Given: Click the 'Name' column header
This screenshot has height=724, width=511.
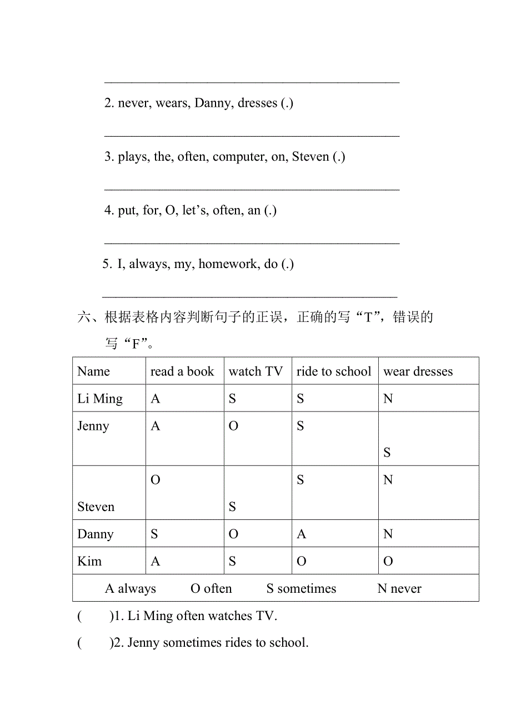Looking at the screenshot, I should pos(93,371).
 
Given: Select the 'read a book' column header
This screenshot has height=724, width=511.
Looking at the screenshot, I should pos(182,371).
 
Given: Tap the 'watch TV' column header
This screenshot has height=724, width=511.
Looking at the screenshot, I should pos(255,371).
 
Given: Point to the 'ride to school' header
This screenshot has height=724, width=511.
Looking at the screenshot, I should pos(334,371).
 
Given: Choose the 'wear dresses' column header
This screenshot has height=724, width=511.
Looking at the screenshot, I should pos(418,371).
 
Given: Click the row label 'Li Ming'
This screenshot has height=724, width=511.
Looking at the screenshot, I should pos(100,399).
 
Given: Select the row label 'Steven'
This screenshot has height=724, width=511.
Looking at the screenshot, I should pos(96,507).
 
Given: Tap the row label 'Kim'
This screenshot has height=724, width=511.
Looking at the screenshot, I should pos(89,561).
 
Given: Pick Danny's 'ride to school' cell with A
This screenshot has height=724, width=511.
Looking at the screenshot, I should pos(302,534).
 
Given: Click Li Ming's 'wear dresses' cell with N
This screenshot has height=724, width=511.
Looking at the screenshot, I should pos(388,399).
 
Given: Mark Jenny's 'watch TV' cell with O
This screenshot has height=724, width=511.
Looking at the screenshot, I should pos(233,426).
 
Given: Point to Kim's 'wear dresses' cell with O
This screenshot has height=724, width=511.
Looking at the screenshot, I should pos(388,561).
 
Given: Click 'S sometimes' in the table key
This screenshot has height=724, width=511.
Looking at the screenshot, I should pos(301,588).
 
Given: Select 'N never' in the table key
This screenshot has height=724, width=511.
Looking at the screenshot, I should pos(399,588).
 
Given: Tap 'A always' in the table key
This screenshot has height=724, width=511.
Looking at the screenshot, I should pos(131,588).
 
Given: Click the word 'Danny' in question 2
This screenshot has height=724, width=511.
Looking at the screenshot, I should pos(213,103).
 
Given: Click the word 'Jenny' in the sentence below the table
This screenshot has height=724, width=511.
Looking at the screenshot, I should pos(143,643).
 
